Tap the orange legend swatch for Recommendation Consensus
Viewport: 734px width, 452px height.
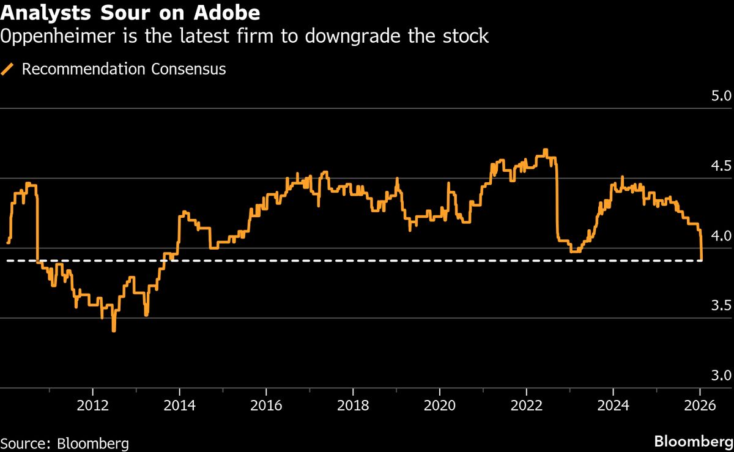pos(9,69)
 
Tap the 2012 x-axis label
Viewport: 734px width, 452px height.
pos(92,406)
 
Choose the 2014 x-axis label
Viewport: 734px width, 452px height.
pos(179,406)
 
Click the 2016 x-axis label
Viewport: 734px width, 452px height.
pos(266,406)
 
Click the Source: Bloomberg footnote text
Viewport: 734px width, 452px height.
pos(64,443)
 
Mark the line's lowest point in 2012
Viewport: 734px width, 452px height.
pos(114,331)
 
